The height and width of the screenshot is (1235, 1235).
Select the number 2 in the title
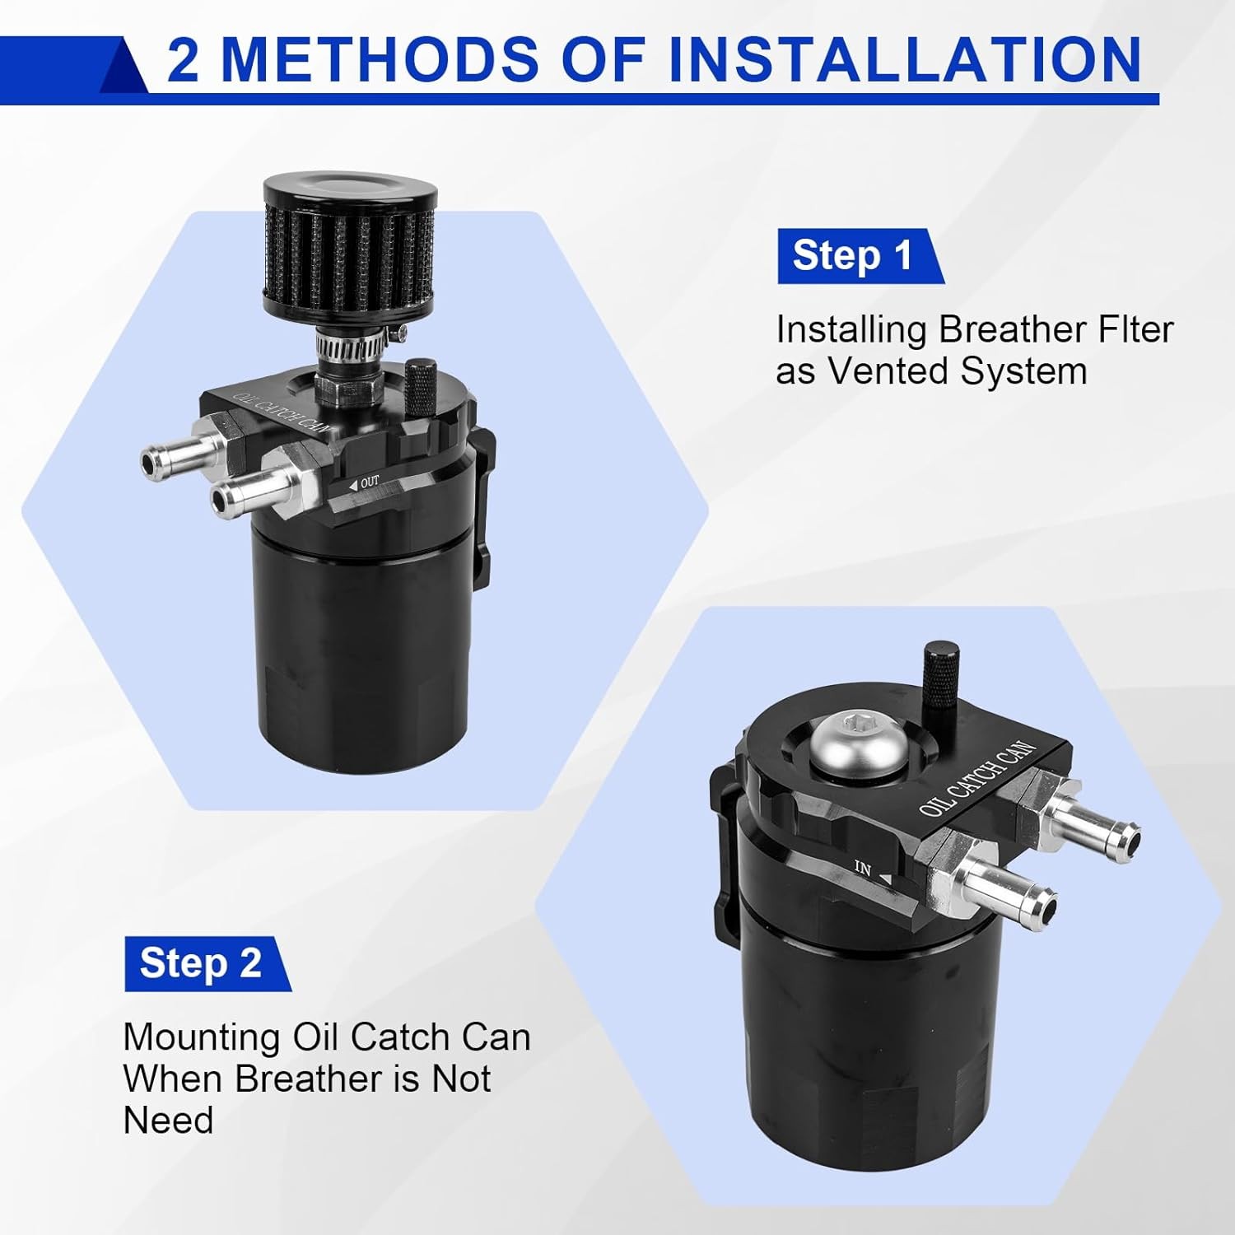(183, 60)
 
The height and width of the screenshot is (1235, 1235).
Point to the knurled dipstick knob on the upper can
(422, 387)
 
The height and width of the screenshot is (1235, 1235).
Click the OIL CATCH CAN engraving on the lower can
(977, 779)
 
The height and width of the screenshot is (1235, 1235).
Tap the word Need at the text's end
(168, 1121)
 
